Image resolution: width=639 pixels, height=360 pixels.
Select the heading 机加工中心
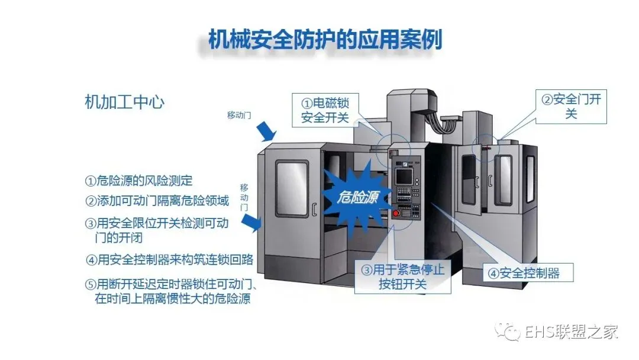[x=124, y=102]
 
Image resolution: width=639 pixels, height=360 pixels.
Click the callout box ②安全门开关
[x=571, y=107]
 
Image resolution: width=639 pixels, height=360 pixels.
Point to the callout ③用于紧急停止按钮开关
[x=402, y=277]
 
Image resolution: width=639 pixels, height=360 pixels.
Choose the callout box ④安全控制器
[x=522, y=274]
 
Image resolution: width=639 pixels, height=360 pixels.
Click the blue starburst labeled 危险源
[x=354, y=195]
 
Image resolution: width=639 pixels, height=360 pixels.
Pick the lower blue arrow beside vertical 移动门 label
[x=253, y=223]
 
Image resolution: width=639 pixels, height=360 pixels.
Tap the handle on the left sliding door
[x=314, y=209]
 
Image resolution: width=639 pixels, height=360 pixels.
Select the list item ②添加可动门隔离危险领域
[x=157, y=201]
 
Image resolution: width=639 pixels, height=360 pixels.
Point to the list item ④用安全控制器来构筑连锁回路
[x=169, y=259]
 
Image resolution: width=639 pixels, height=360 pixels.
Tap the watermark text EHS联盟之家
[x=571, y=332]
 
